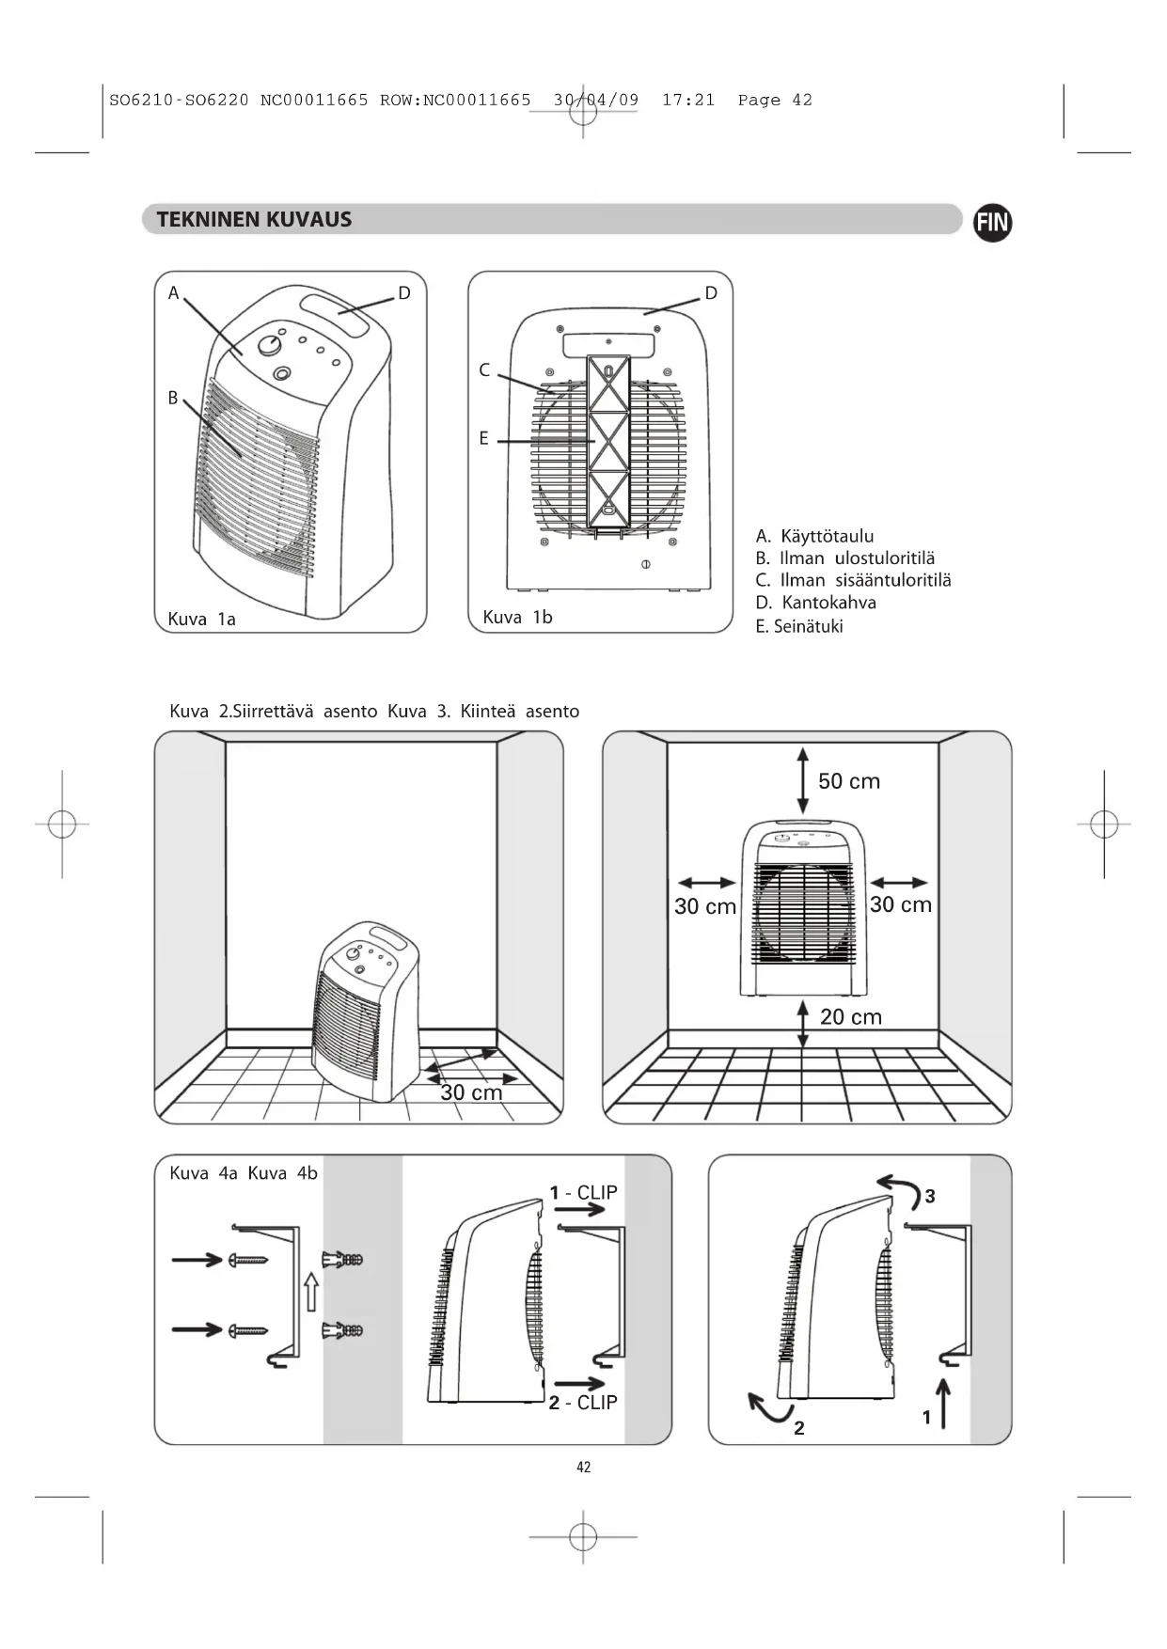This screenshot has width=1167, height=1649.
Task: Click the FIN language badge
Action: (992, 223)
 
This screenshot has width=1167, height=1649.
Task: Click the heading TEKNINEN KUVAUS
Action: (254, 220)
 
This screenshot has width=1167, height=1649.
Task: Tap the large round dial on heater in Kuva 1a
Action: (271, 345)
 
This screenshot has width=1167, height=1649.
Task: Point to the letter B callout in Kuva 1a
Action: (173, 398)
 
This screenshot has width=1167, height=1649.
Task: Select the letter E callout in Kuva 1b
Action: (483, 438)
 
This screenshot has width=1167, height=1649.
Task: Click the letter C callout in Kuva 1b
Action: (484, 369)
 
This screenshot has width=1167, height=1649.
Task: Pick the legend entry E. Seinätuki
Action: (799, 626)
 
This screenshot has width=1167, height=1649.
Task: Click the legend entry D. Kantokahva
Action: (815, 603)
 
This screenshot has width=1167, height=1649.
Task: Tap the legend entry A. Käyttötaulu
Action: (814, 536)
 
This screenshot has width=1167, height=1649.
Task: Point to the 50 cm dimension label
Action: (848, 781)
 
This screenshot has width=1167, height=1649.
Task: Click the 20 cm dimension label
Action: (850, 1016)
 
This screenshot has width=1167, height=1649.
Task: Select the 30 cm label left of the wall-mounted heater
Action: (704, 907)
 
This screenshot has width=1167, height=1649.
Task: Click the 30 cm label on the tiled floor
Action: (471, 1092)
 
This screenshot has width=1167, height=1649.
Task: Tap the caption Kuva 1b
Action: (517, 618)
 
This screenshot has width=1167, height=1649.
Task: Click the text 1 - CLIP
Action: (583, 1192)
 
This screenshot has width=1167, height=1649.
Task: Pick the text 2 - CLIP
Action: (583, 1403)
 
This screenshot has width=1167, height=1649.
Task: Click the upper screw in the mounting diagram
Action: (246, 1260)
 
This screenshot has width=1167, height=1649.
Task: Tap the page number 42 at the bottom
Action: (583, 1467)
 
